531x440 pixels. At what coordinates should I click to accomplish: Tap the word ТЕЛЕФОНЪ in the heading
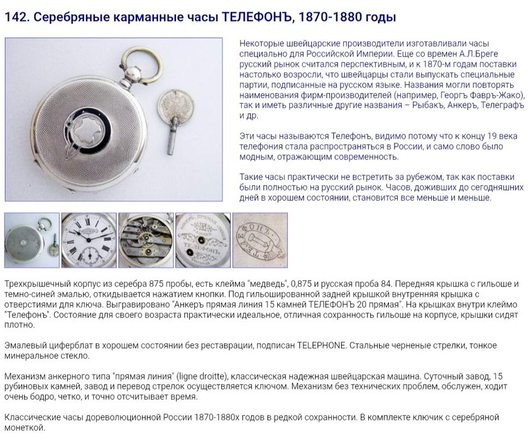coord(255,17)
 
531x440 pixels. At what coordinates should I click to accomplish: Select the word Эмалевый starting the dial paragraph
coord(25,346)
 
